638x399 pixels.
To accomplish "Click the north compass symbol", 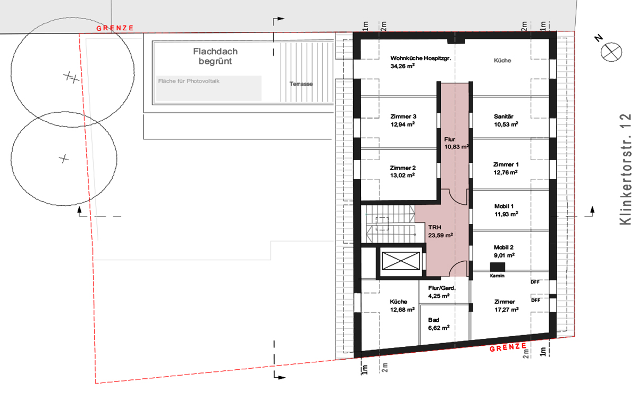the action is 611,52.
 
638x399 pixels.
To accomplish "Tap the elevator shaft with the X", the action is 401,261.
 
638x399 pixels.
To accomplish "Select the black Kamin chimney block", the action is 497,267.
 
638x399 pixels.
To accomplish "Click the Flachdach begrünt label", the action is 215,56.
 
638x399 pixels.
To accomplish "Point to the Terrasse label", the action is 301,84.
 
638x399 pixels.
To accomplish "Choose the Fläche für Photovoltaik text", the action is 189,81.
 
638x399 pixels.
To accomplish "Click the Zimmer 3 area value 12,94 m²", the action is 402,124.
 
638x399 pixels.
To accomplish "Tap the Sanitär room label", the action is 503,117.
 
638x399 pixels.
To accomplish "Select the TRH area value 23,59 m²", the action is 440,235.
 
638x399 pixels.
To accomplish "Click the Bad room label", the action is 433,320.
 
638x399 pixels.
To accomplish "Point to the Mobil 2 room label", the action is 503,247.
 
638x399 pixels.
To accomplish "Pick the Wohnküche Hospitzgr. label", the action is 421,58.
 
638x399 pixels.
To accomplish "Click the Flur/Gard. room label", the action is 442,288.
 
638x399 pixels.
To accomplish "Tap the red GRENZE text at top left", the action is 115,28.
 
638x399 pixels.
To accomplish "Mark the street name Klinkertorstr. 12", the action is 625,169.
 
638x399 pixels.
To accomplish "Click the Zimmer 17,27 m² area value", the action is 506,310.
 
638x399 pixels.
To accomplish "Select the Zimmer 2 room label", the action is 403,168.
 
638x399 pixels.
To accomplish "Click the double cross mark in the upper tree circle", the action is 71,77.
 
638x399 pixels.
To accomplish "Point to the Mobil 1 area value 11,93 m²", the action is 506,214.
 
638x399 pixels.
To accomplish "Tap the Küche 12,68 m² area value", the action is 402,310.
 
